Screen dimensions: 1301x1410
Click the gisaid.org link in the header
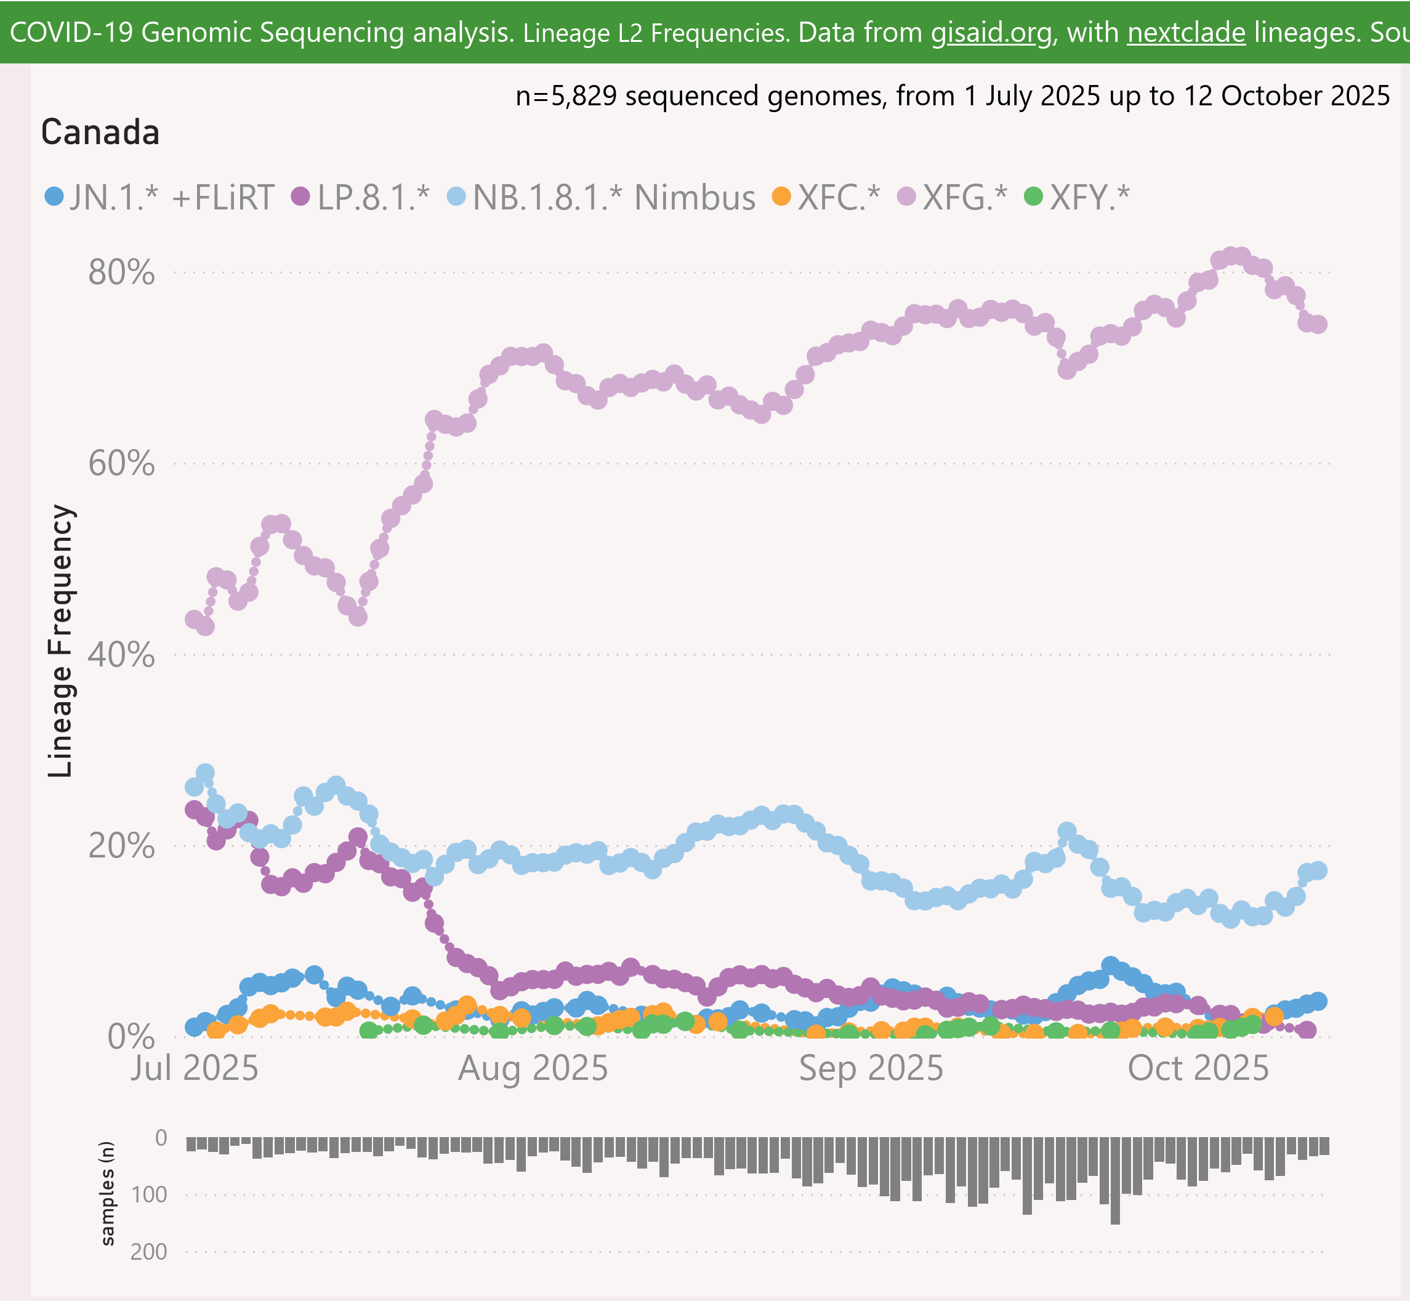991,33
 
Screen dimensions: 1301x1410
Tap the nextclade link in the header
1186,33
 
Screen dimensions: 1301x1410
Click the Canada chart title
100,132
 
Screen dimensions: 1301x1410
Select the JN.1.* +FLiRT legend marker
54,196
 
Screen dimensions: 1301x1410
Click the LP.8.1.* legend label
373,198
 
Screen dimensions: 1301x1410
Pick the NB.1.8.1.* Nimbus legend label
613,198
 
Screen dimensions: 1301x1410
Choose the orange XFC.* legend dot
781,196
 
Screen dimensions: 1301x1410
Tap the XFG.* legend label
965,198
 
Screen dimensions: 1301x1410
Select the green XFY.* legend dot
1034,196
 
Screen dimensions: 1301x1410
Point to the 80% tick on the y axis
121,272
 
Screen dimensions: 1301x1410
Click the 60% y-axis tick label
121,463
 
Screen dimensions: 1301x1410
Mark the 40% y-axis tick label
121,655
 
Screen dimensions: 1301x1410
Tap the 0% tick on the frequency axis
131,1036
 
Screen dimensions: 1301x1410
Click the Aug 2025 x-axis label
533,1069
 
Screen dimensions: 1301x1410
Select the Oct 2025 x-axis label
1198,1069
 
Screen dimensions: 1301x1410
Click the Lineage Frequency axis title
60,641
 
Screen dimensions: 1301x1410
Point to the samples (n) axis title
107,1193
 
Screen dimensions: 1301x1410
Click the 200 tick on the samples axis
148,1252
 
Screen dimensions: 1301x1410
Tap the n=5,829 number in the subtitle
566,95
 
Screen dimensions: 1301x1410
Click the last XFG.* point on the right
1318,325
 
